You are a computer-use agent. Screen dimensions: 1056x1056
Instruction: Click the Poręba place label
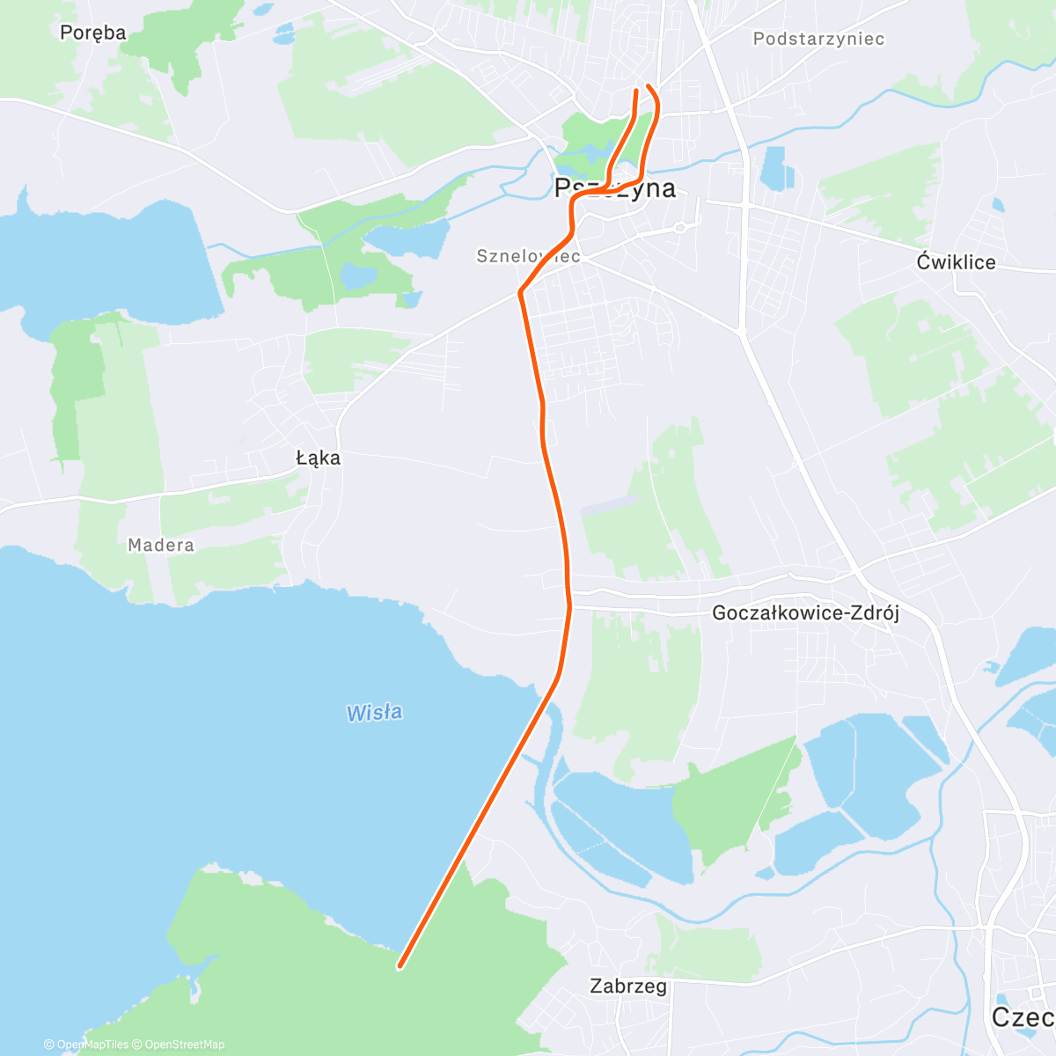click(92, 33)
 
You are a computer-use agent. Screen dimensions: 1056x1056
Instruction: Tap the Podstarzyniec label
click(818, 39)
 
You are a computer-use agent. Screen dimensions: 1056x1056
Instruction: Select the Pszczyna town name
click(615, 188)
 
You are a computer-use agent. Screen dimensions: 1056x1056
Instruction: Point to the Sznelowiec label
click(528, 256)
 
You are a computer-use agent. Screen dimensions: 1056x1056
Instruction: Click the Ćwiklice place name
click(956, 262)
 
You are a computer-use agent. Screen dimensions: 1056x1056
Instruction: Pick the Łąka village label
click(318, 458)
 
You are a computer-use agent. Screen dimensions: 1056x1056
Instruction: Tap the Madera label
click(161, 545)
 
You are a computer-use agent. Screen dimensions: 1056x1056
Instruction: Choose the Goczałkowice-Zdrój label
click(805, 612)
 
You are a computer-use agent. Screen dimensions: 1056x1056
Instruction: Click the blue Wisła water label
click(374, 712)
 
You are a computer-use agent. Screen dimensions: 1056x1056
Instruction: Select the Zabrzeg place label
click(628, 986)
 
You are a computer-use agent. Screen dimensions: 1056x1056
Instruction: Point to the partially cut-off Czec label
click(1023, 1016)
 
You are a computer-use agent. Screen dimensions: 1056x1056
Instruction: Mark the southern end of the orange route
click(400, 966)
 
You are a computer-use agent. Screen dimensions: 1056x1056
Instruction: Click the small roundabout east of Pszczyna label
click(679, 228)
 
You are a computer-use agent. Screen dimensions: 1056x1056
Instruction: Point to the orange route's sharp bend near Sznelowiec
click(521, 291)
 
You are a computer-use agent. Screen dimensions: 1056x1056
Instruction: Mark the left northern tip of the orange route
click(636, 91)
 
